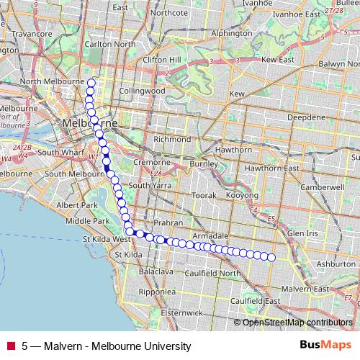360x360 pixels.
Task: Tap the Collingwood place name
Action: coord(142,91)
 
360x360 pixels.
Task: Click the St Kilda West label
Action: coord(107,238)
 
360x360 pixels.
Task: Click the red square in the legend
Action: coord(11,346)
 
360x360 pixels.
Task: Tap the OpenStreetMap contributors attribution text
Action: coord(297,322)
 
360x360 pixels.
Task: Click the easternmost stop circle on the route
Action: coord(272,256)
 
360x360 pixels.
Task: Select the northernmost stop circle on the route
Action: coord(91,82)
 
